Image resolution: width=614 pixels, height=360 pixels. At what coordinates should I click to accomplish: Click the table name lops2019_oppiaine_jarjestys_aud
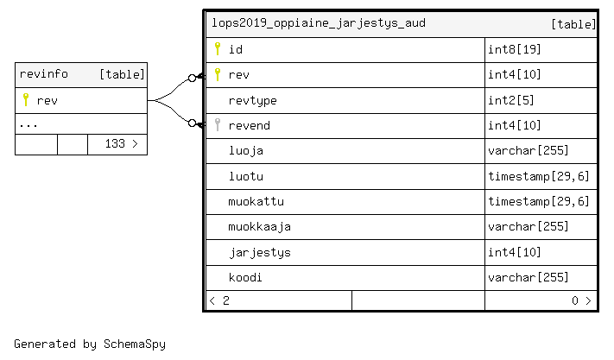(319, 23)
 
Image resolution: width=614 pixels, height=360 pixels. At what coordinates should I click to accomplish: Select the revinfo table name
(43, 74)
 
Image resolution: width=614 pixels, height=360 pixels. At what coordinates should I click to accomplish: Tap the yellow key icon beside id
(218, 49)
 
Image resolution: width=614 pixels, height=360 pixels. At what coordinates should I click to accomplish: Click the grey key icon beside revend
(218, 125)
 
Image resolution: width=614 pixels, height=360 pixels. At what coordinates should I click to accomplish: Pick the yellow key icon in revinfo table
(26, 100)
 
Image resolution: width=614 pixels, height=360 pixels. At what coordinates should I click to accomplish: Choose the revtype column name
(252, 100)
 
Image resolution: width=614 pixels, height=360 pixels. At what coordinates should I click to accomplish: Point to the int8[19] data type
(514, 49)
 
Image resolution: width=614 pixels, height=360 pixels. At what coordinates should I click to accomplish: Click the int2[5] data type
(511, 100)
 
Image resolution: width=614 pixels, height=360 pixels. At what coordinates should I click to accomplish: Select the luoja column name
(246, 151)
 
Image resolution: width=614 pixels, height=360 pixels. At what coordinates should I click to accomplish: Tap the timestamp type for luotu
(538, 176)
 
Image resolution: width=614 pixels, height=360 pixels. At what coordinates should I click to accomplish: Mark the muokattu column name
(256, 201)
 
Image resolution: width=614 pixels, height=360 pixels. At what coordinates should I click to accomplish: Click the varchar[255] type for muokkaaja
(528, 226)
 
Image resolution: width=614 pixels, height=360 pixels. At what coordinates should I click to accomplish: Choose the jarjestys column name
(260, 253)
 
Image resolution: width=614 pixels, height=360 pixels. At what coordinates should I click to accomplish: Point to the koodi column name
(245, 277)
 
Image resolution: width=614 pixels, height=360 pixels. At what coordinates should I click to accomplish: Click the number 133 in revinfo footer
(115, 143)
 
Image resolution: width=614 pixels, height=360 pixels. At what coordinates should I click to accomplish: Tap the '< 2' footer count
(219, 300)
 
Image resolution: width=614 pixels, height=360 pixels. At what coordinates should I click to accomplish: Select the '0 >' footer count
(581, 300)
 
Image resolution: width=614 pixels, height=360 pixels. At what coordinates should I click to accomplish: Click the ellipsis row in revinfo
(28, 126)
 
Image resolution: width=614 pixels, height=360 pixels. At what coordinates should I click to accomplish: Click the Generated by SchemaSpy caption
(90, 344)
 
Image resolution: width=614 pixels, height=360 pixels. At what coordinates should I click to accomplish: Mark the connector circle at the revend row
(192, 123)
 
